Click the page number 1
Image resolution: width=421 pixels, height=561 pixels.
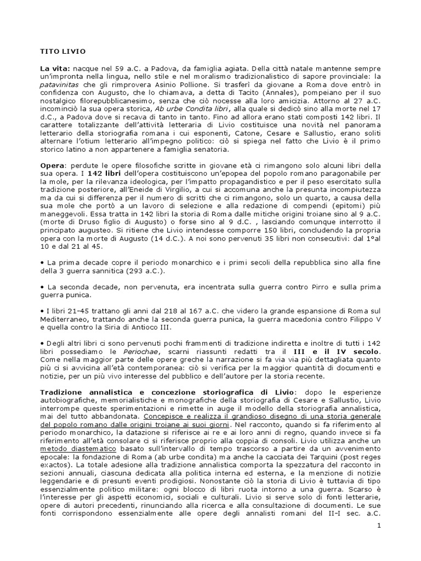click(x=378, y=525)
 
